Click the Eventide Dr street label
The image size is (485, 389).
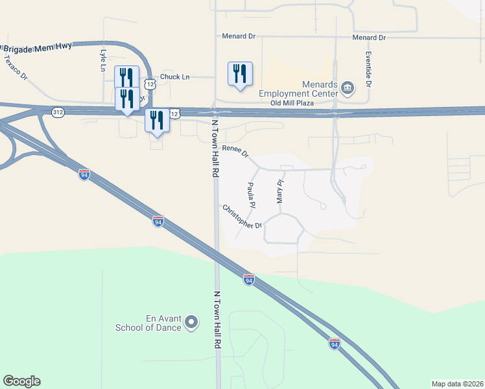click(368, 69)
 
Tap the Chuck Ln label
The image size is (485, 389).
click(174, 77)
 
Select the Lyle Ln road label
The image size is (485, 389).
click(102, 60)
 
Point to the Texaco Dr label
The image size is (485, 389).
click(16, 67)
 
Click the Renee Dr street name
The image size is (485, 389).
click(235, 151)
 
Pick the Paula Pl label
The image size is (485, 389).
click(251, 195)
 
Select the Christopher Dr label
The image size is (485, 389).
click(242, 217)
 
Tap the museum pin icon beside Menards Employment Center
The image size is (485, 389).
click(348, 88)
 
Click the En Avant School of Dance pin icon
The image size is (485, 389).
click(191, 322)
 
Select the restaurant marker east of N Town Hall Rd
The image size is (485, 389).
click(240, 74)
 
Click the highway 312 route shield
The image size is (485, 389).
click(58, 112)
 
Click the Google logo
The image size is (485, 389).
click(21, 381)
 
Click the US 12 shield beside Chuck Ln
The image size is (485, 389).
click(150, 84)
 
